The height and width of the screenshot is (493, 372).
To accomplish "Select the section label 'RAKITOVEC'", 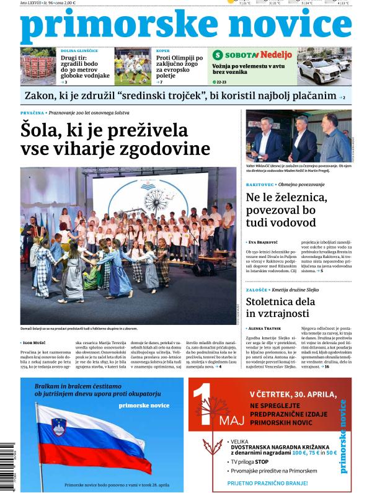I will pos(261,185).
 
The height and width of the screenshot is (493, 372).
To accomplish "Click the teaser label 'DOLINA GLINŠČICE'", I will pos(79,50).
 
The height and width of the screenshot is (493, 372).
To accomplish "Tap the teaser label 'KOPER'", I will pos(163,50).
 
